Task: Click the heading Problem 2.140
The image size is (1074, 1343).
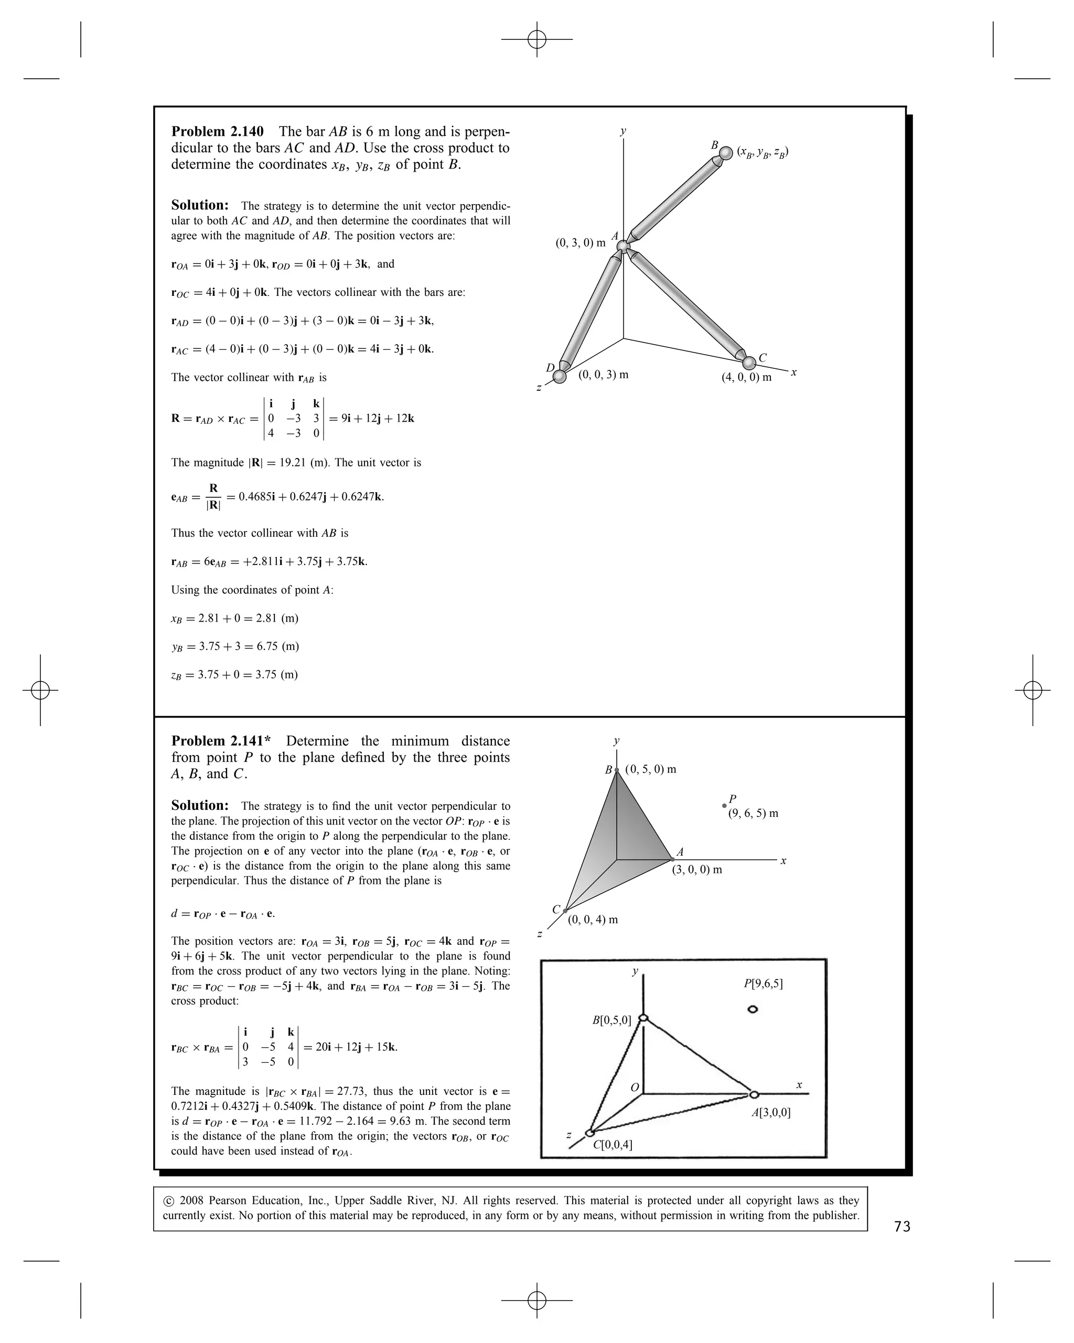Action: tap(217, 132)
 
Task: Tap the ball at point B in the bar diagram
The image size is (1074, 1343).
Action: tap(726, 153)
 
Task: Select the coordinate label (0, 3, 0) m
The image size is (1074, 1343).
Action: tap(581, 243)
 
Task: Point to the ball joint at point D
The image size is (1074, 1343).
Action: tap(560, 377)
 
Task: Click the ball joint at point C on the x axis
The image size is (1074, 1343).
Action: tap(749, 363)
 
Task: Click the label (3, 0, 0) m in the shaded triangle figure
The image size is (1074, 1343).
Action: tap(697, 870)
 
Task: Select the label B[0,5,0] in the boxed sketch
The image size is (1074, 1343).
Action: tap(611, 1020)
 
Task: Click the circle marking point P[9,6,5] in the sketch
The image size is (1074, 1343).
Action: tap(753, 1010)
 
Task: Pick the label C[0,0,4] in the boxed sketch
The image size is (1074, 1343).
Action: tap(613, 1144)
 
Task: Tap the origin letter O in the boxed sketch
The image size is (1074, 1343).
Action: tap(635, 1088)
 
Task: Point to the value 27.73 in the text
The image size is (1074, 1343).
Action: tap(352, 1091)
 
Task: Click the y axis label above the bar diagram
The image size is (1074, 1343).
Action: tap(622, 131)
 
